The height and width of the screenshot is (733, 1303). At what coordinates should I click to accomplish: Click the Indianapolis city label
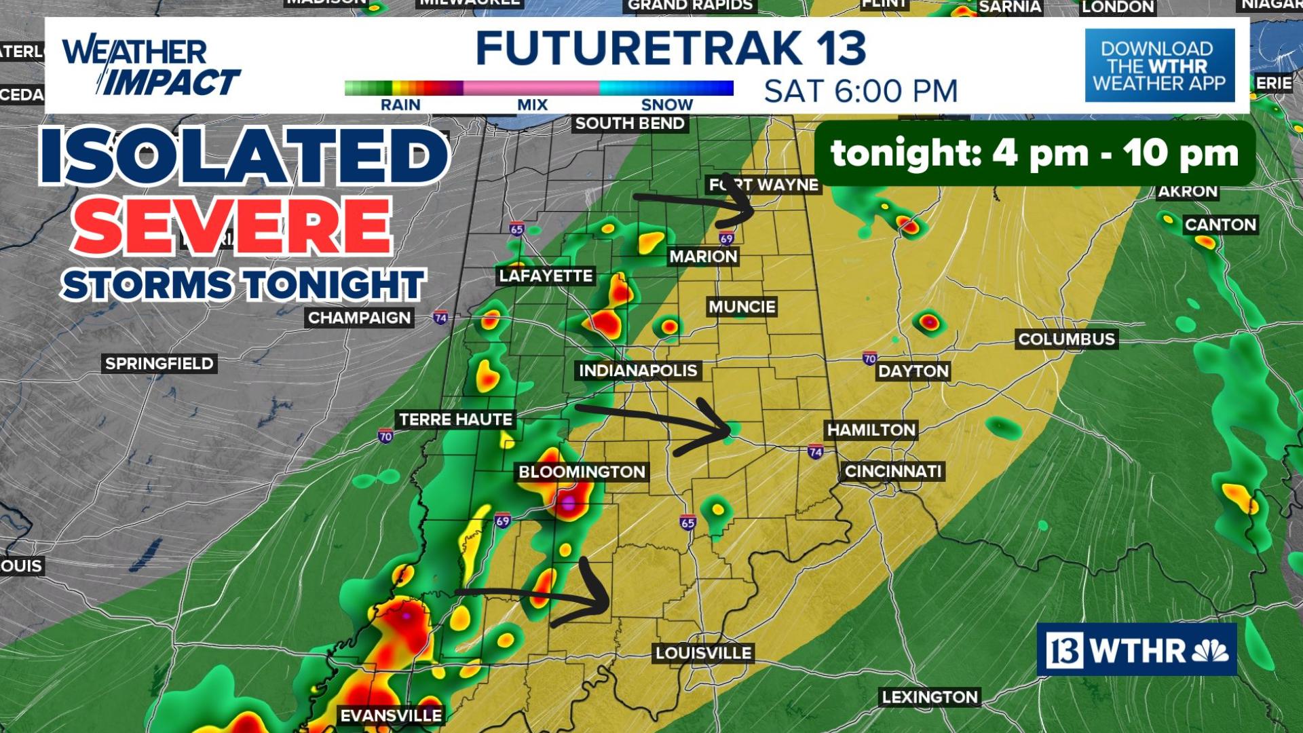pyautogui.click(x=637, y=371)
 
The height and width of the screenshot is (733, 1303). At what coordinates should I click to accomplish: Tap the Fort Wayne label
pyautogui.click(x=763, y=185)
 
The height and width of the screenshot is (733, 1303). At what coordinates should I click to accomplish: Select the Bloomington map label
pyautogui.click(x=582, y=472)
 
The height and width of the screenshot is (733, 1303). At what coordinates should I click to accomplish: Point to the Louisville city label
pyautogui.click(x=703, y=653)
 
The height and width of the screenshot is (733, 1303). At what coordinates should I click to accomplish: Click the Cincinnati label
pyautogui.click(x=893, y=471)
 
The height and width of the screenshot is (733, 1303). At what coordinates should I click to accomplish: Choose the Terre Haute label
pyautogui.click(x=455, y=419)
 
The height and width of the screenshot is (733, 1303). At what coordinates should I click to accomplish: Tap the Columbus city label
pyautogui.click(x=1066, y=339)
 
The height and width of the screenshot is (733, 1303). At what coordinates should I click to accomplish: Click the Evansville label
pyautogui.click(x=391, y=715)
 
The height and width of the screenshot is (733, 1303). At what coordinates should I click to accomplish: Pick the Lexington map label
pyautogui.click(x=929, y=697)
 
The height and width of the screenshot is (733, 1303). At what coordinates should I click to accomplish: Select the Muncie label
pyautogui.click(x=742, y=307)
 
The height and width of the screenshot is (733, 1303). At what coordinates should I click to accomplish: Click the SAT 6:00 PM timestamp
pyautogui.click(x=861, y=91)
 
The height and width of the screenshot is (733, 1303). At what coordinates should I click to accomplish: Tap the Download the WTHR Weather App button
pyautogui.click(x=1159, y=66)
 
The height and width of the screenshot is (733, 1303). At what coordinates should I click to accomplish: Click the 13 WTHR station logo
pyautogui.click(x=1136, y=650)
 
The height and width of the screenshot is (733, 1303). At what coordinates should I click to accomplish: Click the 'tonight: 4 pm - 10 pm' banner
pyautogui.click(x=1034, y=153)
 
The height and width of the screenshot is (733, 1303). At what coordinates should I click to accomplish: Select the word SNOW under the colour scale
pyautogui.click(x=666, y=105)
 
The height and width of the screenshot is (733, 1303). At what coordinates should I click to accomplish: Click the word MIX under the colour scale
pyautogui.click(x=532, y=105)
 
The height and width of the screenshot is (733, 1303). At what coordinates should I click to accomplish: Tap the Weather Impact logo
pyautogui.click(x=151, y=67)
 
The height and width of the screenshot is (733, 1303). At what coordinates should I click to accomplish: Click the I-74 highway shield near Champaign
pyautogui.click(x=440, y=318)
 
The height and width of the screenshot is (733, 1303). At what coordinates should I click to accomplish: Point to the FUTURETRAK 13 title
pyautogui.click(x=671, y=48)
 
